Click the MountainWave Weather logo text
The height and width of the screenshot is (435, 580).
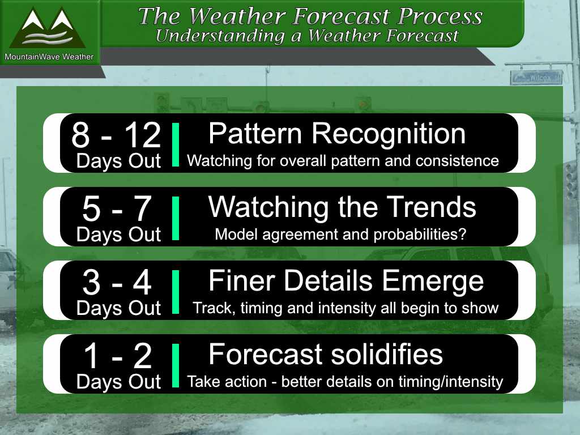49,57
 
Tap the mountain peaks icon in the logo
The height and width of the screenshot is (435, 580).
48,28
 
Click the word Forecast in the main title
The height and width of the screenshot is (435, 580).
342,16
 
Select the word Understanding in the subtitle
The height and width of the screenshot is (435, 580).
220,36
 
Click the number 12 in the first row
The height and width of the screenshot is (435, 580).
142,135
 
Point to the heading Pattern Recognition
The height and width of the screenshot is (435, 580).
337,134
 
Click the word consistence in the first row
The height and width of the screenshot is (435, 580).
457,161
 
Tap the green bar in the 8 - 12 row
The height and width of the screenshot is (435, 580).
176,144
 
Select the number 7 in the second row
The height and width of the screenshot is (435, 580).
142,208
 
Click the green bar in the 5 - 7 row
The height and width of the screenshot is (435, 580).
176,218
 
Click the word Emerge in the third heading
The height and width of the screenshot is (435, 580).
433,282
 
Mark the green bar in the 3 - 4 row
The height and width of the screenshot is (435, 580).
176,292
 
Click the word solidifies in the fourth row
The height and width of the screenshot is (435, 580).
386,355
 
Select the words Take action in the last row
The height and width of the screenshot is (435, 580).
227,382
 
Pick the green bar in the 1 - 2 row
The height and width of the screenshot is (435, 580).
176,365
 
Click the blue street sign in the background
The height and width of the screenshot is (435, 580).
536,78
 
